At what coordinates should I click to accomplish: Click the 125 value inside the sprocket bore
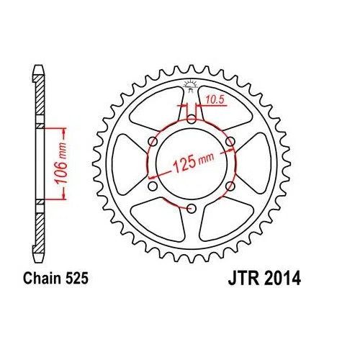point(181,168)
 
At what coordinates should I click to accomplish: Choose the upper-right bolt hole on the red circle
point(230,142)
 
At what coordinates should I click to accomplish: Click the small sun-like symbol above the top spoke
point(192,86)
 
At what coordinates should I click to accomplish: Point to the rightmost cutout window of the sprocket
point(256,165)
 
